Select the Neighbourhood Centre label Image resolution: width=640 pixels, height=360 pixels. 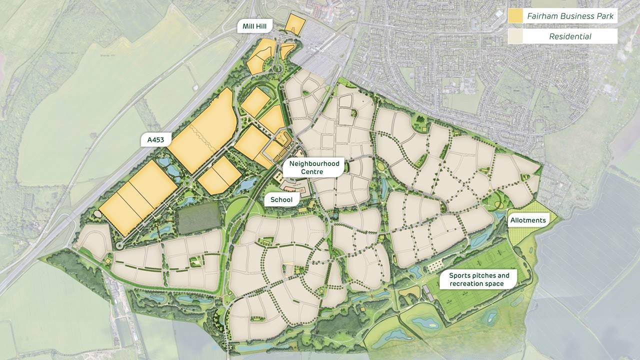(312, 167)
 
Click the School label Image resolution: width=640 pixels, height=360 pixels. (281, 199)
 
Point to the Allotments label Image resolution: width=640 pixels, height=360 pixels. (528, 220)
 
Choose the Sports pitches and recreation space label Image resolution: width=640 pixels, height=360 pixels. (479, 279)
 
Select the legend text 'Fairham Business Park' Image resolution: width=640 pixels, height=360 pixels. (570, 16)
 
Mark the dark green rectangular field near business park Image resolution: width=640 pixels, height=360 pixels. (198, 218)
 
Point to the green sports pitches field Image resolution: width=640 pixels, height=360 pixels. (480, 300)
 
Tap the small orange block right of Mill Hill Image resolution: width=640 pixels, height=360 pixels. (294, 24)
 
